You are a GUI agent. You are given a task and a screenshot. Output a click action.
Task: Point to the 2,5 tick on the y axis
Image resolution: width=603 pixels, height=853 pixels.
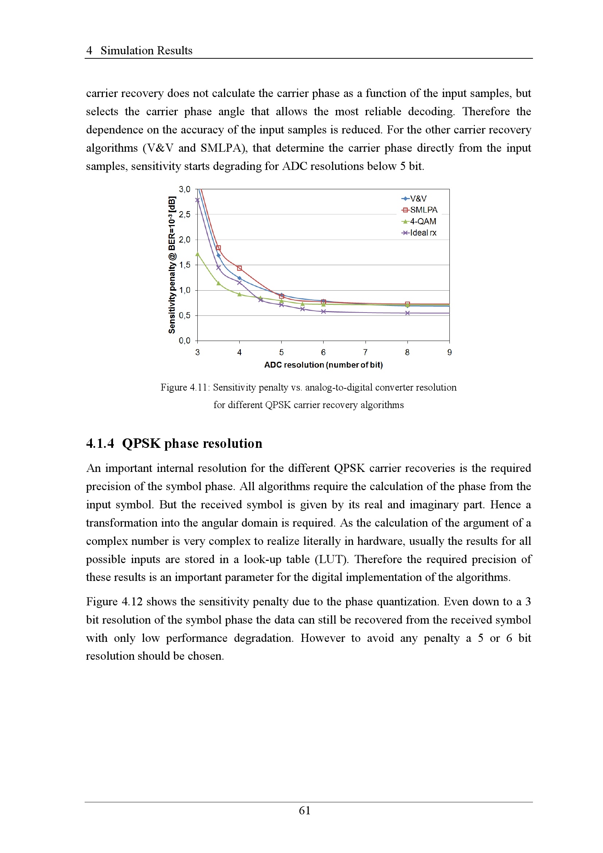(x=184, y=214)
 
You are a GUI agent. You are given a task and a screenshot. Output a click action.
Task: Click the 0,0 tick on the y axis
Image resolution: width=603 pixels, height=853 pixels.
(x=184, y=340)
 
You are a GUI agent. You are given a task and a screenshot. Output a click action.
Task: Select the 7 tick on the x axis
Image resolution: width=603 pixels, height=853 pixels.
(x=365, y=352)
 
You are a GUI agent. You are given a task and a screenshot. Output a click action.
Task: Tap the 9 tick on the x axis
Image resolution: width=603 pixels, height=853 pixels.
(x=449, y=352)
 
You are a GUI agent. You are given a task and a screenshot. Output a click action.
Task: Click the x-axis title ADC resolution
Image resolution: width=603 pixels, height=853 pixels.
(x=323, y=365)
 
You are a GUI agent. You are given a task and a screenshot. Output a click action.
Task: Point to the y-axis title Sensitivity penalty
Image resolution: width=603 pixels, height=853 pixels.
(x=172, y=264)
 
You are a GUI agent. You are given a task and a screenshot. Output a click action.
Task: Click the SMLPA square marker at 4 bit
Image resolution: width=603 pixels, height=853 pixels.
(x=239, y=268)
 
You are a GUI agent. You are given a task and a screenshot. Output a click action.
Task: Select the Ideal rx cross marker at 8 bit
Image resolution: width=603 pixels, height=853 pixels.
(x=407, y=313)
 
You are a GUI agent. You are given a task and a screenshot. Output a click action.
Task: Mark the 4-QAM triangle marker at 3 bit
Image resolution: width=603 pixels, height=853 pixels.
(x=197, y=255)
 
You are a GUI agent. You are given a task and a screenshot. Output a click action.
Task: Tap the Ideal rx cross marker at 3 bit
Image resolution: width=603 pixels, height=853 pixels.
(x=197, y=200)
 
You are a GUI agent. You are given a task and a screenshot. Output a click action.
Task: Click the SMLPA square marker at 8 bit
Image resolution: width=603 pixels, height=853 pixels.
(x=407, y=304)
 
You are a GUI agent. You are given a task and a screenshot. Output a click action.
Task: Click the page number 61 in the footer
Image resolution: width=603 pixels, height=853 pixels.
(x=305, y=810)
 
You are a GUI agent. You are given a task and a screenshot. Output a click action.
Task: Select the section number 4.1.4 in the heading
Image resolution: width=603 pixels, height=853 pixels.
(x=100, y=443)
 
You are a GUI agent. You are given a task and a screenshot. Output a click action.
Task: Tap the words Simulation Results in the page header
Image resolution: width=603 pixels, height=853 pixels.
(x=146, y=51)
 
